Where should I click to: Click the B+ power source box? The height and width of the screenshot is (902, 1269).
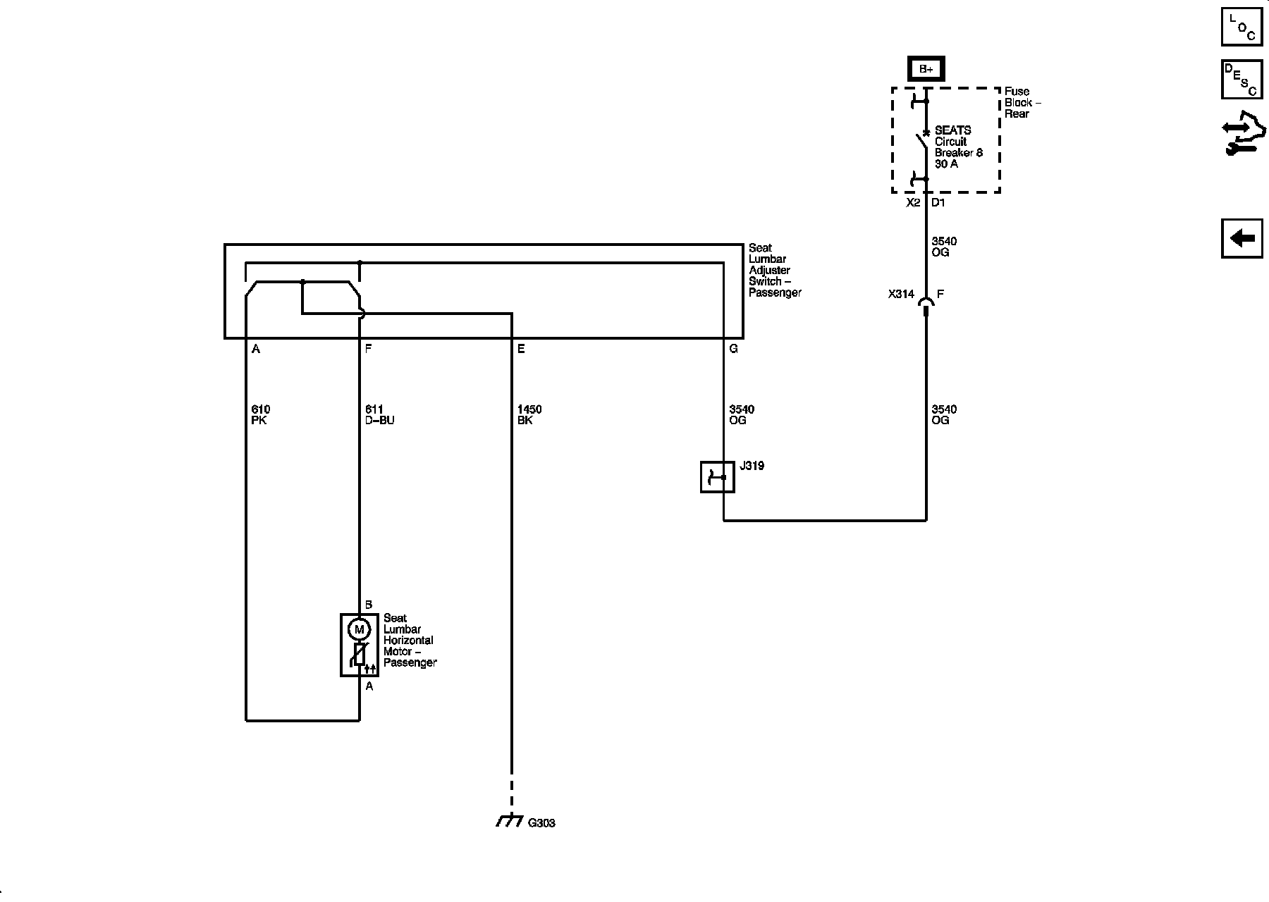925,69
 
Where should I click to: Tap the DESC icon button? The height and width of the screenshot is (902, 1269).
1242,79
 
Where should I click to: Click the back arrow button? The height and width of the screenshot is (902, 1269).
1242,239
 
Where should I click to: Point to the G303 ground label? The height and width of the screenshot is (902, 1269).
541,823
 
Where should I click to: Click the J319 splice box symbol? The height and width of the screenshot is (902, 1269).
717,477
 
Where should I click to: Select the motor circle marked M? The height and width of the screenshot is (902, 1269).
359,629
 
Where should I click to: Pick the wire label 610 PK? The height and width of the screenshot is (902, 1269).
260,414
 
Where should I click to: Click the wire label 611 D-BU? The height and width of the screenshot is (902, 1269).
379,414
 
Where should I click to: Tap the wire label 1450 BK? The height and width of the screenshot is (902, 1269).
529,414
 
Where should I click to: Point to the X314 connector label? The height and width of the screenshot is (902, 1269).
900,295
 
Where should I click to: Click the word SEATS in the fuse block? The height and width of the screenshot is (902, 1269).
952,130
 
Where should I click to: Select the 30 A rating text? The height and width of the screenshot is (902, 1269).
946,164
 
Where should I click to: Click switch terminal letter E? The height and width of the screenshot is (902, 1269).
521,349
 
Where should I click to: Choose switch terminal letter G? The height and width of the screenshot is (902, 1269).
733,349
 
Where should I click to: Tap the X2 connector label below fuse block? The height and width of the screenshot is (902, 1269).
913,203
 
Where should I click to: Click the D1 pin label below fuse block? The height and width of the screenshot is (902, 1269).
938,203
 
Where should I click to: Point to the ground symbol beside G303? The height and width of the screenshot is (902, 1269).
509,821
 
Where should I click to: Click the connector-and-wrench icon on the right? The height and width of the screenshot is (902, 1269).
1243,133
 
